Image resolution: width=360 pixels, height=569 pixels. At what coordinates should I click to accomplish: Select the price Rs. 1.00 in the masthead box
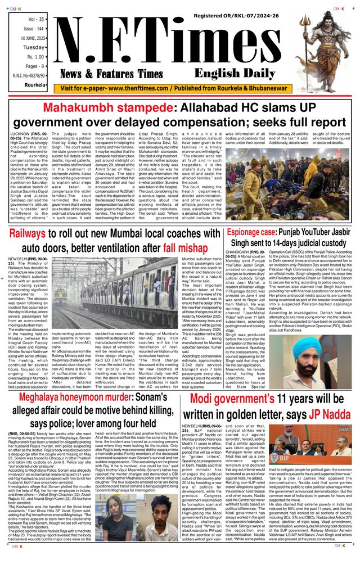pos(33,57)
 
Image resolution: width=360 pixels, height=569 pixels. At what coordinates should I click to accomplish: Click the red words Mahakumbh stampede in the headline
pos(100,107)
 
